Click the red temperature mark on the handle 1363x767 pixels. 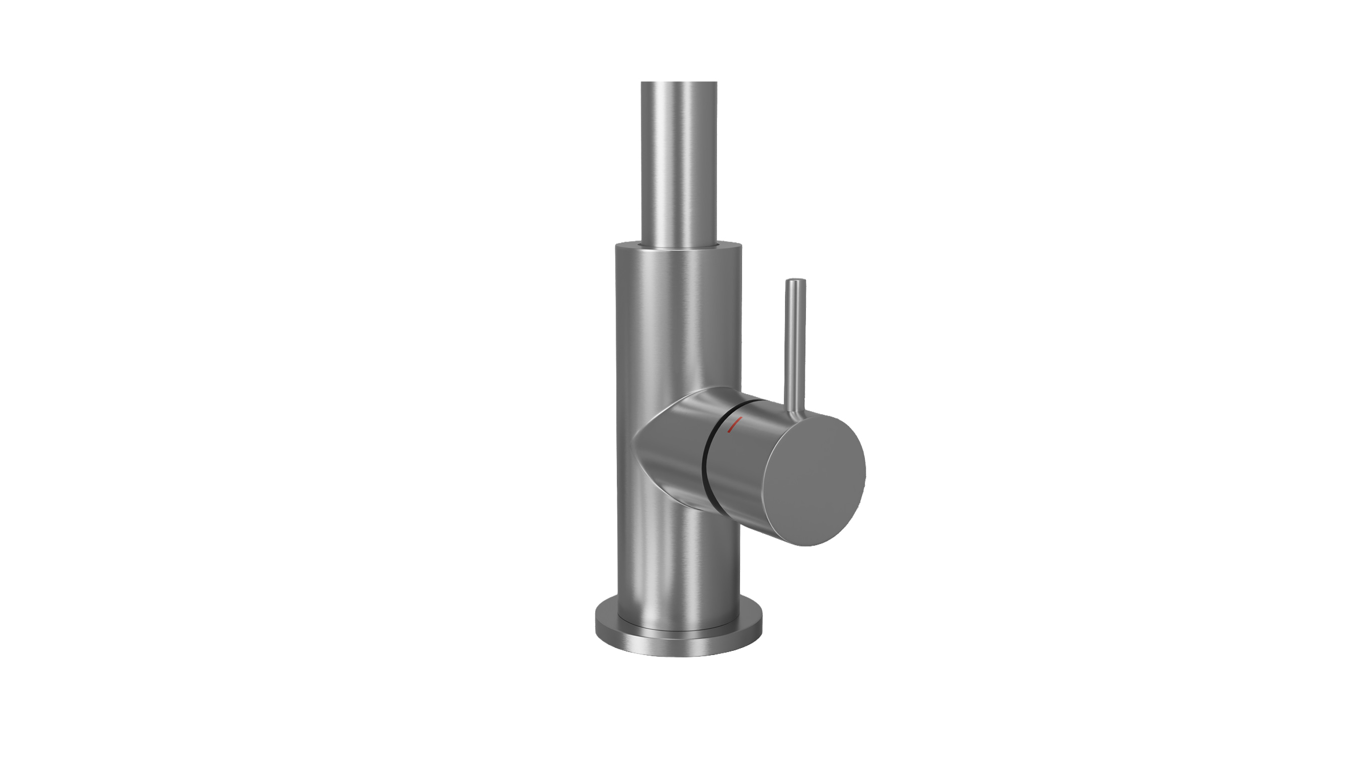pos(735,424)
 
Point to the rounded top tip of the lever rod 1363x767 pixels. pos(795,281)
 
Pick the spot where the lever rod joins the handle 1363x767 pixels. pos(793,411)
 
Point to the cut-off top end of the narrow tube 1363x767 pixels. pos(679,83)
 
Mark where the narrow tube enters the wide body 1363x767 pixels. pos(679,244)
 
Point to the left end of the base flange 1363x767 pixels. pos(597,625)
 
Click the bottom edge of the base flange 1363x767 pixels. pos(679,657)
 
